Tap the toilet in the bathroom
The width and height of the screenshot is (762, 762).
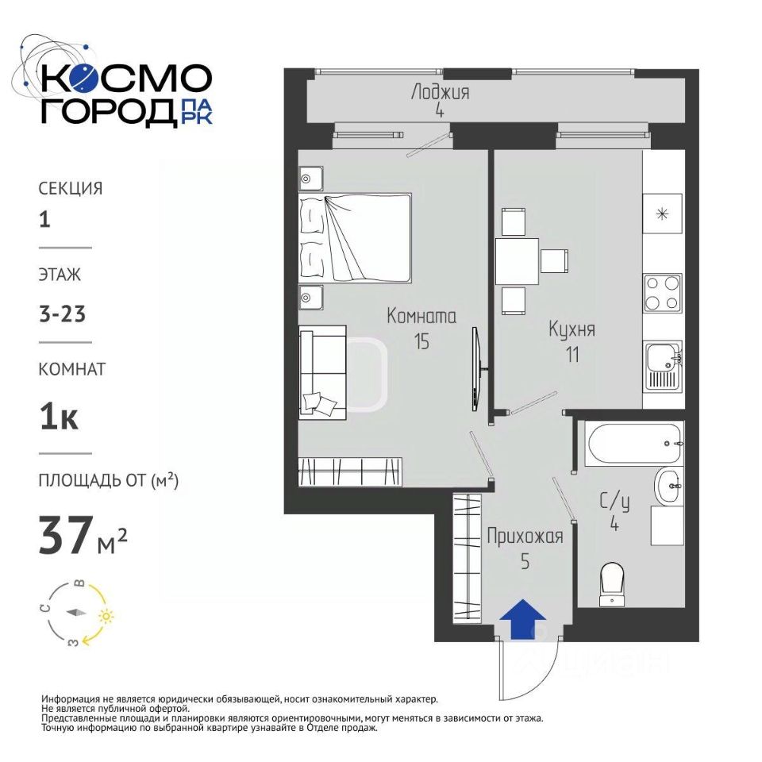[612, 584]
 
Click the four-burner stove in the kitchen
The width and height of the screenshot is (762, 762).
[662, 293]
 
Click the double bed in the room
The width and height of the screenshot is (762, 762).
[356, 237]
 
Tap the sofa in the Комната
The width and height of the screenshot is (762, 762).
[323, 372]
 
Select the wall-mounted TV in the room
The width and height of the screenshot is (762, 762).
[477, 368]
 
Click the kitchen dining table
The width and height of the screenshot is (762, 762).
[517, 261]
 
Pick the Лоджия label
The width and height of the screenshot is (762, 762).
[440, 91]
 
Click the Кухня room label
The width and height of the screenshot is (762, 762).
[571, 329]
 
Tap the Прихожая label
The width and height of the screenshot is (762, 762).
[525, 537]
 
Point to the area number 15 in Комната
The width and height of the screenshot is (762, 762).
[421, 341]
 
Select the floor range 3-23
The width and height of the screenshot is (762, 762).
[63, 314]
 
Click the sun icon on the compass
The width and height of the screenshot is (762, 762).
[106, 617]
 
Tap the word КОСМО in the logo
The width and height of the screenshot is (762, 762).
[126, 79]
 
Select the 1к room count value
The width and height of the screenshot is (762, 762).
[59, 417]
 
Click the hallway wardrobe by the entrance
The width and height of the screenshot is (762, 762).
[467, 558]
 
